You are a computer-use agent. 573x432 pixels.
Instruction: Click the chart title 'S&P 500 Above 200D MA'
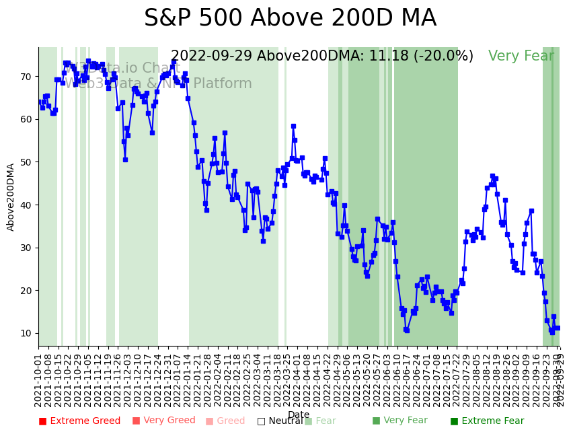point(290,19)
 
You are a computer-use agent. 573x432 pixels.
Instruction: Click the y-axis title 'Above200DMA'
point(11,196)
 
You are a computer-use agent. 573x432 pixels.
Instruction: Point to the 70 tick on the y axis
point(25,77)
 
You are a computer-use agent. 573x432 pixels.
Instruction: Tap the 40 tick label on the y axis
point(25,205)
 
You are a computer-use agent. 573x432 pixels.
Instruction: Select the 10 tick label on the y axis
point(25,333)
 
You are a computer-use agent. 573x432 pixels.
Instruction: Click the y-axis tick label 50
point(25,162)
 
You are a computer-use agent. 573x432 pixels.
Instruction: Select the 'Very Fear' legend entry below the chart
point(399,421)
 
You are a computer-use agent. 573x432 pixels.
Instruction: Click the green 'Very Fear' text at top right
point(521,57)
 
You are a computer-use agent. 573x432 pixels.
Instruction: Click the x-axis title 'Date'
point(299,415)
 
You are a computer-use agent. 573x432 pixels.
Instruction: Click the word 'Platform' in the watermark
point(223,84)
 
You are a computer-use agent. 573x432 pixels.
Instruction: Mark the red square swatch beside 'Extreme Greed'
point(42,421)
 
